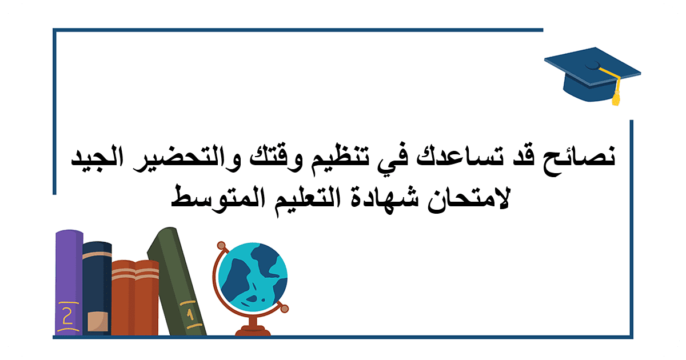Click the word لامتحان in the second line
[x=469, y=198]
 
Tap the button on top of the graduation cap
[x=593, y=65]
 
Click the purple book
[x=69, y=282]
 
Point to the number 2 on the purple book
[x=67, y=316]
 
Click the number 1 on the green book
[x=190, y=314]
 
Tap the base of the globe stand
[x=253, y=331]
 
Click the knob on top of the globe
[x=221, y=246]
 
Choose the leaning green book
[x=176, y=281]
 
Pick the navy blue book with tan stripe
[x=97, y=288]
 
